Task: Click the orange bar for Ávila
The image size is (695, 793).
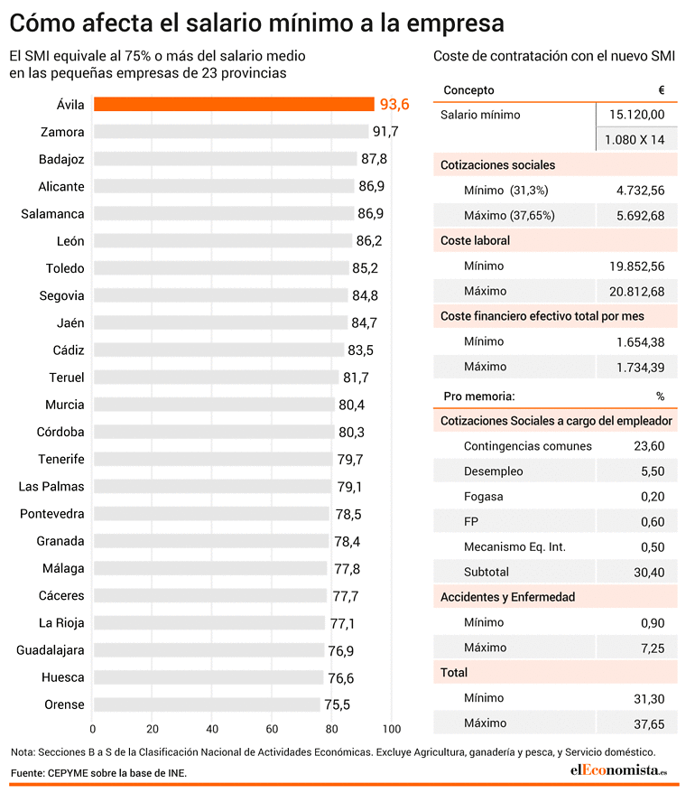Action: (234, 104)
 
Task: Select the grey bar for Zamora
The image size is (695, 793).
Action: (231, 132)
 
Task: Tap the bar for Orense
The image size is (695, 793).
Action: (207, 704)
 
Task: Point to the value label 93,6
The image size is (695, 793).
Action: (394, 104)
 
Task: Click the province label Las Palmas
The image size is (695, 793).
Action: (51, 487)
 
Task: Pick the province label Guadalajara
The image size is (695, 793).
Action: (50, 650)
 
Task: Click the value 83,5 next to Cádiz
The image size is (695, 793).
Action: (360, 350)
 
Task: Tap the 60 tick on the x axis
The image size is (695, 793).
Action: (272, 729)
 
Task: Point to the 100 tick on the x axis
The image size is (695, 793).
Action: (392, 729)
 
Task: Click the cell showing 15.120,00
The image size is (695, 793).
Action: (637, 115)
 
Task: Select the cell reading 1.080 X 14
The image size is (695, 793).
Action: (635, 140)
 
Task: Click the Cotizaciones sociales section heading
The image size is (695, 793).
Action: (498, 165)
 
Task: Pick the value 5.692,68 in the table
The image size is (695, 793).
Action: (641, 216)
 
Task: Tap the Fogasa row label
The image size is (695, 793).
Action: (483, 497)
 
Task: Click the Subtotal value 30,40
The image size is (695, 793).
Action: (650, 573)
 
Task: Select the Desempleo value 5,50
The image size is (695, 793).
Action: (653, 471)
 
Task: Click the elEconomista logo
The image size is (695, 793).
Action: (618, 770)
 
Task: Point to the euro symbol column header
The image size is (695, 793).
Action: (662, 90)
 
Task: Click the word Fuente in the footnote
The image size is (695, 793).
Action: (27, 773)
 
